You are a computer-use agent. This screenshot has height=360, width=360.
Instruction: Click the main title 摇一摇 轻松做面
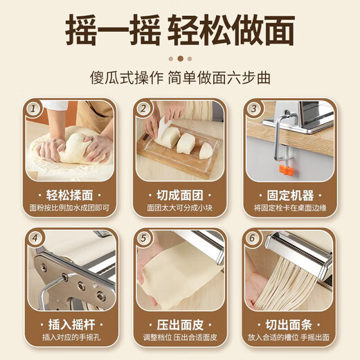click(180, 30)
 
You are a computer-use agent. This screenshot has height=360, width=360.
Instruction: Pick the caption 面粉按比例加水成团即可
click(71, 207)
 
